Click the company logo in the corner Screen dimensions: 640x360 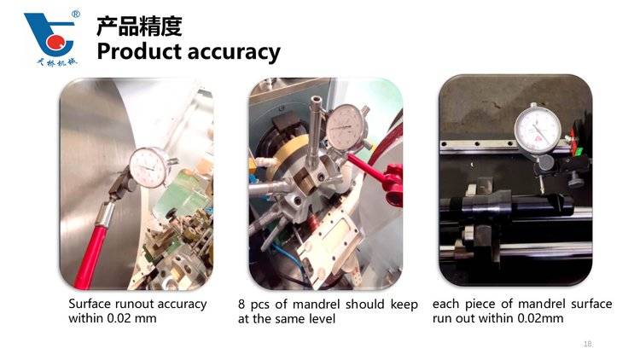point(50,38)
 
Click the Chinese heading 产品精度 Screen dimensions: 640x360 point(139,26)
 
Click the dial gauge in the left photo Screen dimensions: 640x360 point(148,167)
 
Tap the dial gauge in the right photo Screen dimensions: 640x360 point(537,128)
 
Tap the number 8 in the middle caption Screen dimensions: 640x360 point(241,305)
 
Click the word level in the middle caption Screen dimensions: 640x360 point(322,318)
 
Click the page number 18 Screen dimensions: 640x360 point(588,344)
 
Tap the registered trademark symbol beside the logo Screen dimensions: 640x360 point(76,15)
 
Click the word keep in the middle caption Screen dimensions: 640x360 point(404,305)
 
